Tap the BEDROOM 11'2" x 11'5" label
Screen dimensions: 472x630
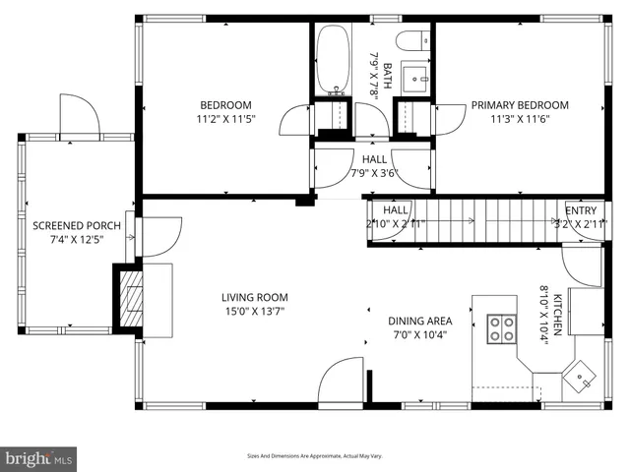(x=225, y=113)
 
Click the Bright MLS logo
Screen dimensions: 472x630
(x=39, y=457)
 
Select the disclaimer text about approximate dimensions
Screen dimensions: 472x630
(x=314, y=455)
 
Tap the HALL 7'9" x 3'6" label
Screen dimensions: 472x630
(x=374, y=166)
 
